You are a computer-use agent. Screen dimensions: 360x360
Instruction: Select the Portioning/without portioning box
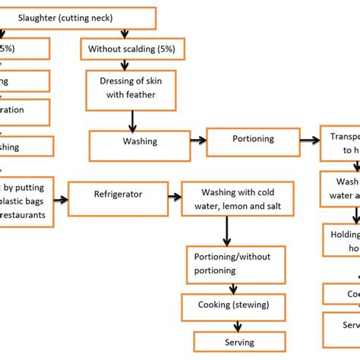pyautogui.click(x=235, y=264)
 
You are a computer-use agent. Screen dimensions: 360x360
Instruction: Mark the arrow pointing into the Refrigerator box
pyautogui.click(x=61, y=201)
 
